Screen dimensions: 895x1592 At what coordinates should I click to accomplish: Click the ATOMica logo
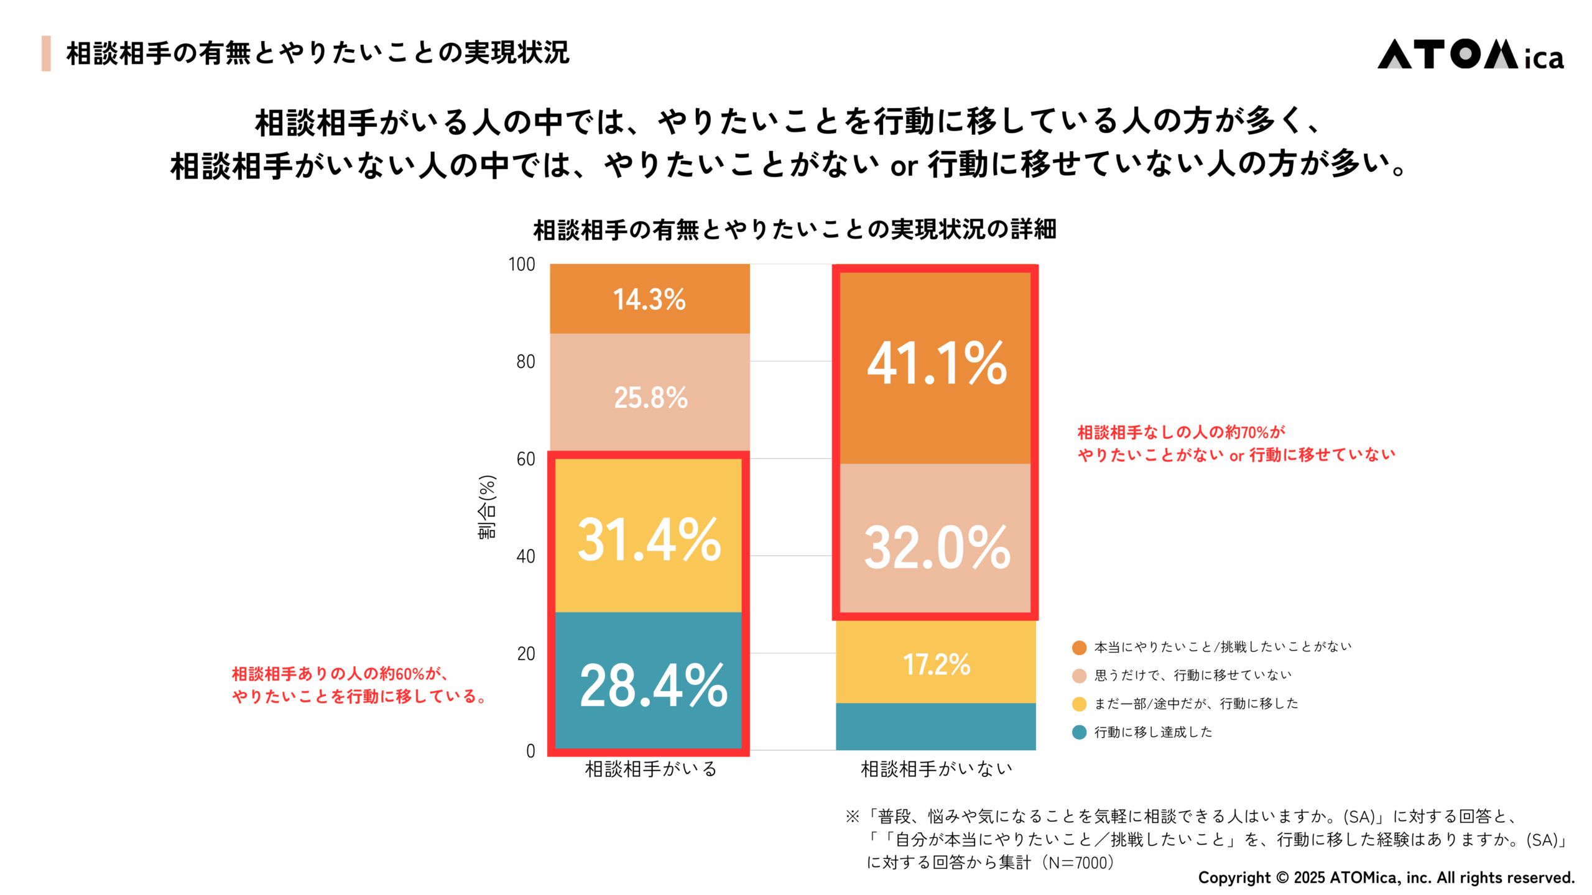(x=1470, y=55)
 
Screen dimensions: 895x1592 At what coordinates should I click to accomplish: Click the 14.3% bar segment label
(x=649, y=300)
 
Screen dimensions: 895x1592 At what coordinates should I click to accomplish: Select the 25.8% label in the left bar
(x=650, y=398)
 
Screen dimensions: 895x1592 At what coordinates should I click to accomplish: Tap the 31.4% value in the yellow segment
(x=649, y=539)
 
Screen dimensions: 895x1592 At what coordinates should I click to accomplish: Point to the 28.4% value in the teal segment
(x=653, y=685)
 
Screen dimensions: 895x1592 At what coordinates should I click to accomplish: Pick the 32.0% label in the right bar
(x=937, y=547)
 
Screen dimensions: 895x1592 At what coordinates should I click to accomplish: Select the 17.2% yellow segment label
(x=937, y=664)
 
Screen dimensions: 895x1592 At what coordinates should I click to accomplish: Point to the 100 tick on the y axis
(x=522, y=264)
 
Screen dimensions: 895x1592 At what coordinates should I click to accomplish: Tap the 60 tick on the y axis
(x=525, y=459)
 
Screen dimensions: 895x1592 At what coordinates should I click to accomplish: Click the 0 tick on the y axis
(x=530, y=751)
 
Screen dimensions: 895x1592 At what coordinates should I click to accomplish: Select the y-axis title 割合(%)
(x=487, y=507)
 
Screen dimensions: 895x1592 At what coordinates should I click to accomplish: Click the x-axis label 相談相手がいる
(x=650, y=769)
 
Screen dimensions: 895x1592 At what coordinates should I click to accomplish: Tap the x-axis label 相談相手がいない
(x=937, y=769)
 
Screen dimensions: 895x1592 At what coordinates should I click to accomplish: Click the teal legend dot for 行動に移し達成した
(x=1079, y=732)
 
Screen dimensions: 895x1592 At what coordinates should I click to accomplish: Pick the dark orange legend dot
(x=1079, y=648)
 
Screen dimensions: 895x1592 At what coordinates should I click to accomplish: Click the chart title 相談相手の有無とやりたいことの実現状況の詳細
(x=795, y=229)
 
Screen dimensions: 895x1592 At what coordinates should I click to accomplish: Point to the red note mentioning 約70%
(x=1235, y=443)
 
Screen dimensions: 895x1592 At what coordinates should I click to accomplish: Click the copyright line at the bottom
(x=1386, y=878)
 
